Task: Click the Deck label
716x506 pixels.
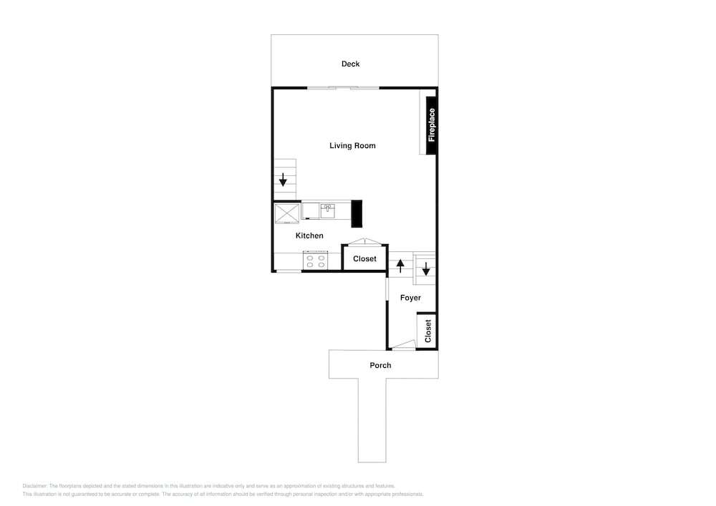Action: [350, 64]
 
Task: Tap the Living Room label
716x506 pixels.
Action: [352, 145]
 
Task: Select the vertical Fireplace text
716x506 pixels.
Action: [432, 125]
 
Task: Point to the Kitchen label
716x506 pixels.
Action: [309, 235]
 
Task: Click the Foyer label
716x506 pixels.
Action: [410, 298]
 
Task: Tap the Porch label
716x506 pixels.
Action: [380, 365]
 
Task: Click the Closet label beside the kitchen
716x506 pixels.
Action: [365, 258]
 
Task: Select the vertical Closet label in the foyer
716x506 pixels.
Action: [428, 331]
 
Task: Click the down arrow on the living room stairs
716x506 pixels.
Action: [283, 180]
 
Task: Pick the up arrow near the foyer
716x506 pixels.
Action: [400, 266]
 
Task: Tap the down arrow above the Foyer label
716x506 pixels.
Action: [426, 268]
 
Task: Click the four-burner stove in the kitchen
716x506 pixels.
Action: [316, 261]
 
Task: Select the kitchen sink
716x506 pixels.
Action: [327, 211]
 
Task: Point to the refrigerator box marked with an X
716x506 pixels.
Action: [287, 213]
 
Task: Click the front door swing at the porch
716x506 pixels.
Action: [404, 346]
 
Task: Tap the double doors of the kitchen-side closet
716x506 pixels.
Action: [364, 241]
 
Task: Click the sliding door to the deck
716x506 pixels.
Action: [344, 87]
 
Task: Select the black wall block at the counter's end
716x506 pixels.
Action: [357, 213]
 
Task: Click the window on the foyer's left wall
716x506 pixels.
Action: [387, 289]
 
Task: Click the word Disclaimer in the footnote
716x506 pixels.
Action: [34, 486]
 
